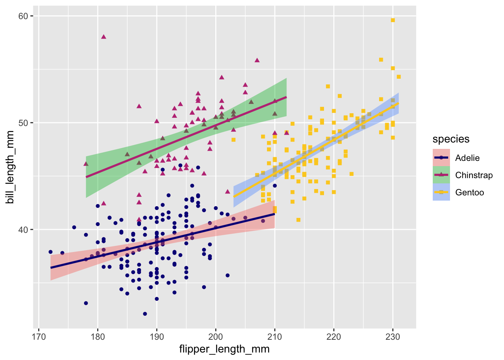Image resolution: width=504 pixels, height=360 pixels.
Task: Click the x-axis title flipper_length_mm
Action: pyautogui.click(x=224, y=349)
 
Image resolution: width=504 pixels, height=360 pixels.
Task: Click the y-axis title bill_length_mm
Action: pyautogui.click(x=10, y=167)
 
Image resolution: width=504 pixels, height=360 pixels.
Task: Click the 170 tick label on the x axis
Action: pyautogui.click(x=39, y=336)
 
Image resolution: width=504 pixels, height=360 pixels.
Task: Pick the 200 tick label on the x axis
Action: pyautogui.click(x=216, y=336)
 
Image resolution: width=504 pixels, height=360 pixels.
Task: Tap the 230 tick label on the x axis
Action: pyautogui.click(x=393, y=336)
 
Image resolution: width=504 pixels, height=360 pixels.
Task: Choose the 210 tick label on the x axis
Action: pyautogui.click(x=274, y=336)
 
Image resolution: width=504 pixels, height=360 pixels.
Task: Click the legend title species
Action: pyautogui.click(x=451, y=139)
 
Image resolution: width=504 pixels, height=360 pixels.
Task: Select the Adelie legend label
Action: pyautogui.click(x=467, y=158)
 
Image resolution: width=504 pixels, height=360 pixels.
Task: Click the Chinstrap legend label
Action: pyautogui.click(x=474, y=175)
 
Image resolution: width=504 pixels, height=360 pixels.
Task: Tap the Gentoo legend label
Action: pyautogui.click(x=469, y=192)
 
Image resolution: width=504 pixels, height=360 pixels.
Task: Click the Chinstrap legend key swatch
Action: pyautogui.click(x=441, y=175)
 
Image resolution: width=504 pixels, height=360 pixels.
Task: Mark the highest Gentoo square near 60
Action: pyautogui.click(x=393, y=20)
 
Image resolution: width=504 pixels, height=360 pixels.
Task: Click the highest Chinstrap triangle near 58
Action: pyautogui.click(x=103, y=36)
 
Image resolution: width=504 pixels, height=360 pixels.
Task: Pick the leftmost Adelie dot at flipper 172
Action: pyautogui.click(x=50, y=252)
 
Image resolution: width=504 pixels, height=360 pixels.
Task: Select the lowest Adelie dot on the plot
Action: pyautogui.click(x=145, y=313)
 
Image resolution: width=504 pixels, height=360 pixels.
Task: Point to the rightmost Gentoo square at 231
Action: pyautogui.click(x=399, y=77)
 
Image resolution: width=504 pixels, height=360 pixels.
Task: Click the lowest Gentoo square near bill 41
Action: pyautogui.click(x=298, y=220)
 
